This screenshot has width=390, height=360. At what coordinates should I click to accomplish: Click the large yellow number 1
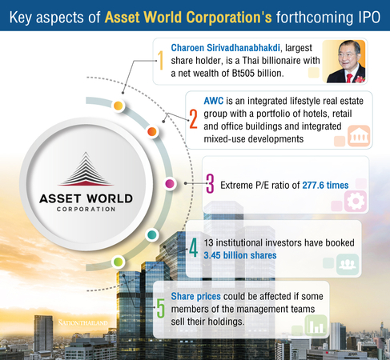point(160,61)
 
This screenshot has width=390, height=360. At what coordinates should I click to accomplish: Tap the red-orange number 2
point(194,119)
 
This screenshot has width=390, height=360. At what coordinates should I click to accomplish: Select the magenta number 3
point(211,183)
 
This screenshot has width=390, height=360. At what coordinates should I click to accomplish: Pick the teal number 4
point(194,248)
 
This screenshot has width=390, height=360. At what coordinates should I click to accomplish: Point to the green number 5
point(160,308)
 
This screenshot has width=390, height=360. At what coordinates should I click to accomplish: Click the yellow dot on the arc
point(119,106)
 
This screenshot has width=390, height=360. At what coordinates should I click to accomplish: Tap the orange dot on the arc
point(152,131)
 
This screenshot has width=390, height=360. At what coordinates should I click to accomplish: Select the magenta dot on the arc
point(170,183)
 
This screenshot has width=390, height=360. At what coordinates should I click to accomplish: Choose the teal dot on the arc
point(152,235)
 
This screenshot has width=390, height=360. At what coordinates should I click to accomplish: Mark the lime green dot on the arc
point(118,262)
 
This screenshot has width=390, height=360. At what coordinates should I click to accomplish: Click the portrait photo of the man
point(344,62)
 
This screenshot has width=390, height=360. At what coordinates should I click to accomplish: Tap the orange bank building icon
point(359,136)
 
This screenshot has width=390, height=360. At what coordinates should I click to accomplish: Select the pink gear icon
point(356,202)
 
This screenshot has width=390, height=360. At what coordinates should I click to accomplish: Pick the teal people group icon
point(348,265)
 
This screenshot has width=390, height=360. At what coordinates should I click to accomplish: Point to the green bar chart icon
point(316,326)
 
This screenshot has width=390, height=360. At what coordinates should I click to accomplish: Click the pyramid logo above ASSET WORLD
point(86,169)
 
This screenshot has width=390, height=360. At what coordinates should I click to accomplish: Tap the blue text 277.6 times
point(325,185)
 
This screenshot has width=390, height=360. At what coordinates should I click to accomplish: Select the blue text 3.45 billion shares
point(240,255)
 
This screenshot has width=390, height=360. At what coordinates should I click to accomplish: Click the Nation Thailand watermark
point(83,322)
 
